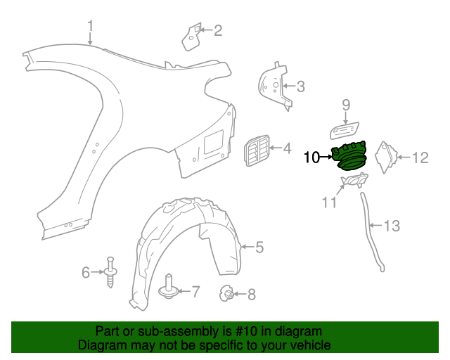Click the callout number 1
tap(90, 27)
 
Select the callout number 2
tap(218, 30)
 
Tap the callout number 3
tap(300, 87)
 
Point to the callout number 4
tap(286, 148)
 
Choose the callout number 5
tap(259, 247)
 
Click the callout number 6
tap(86, 271)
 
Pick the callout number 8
tap(252, 295)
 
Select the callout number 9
tap(346, 105)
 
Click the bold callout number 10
tap(311, 157)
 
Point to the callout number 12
tap(420, 157)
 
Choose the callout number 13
tap(391, 226)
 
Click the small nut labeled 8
tap(226, 293)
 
